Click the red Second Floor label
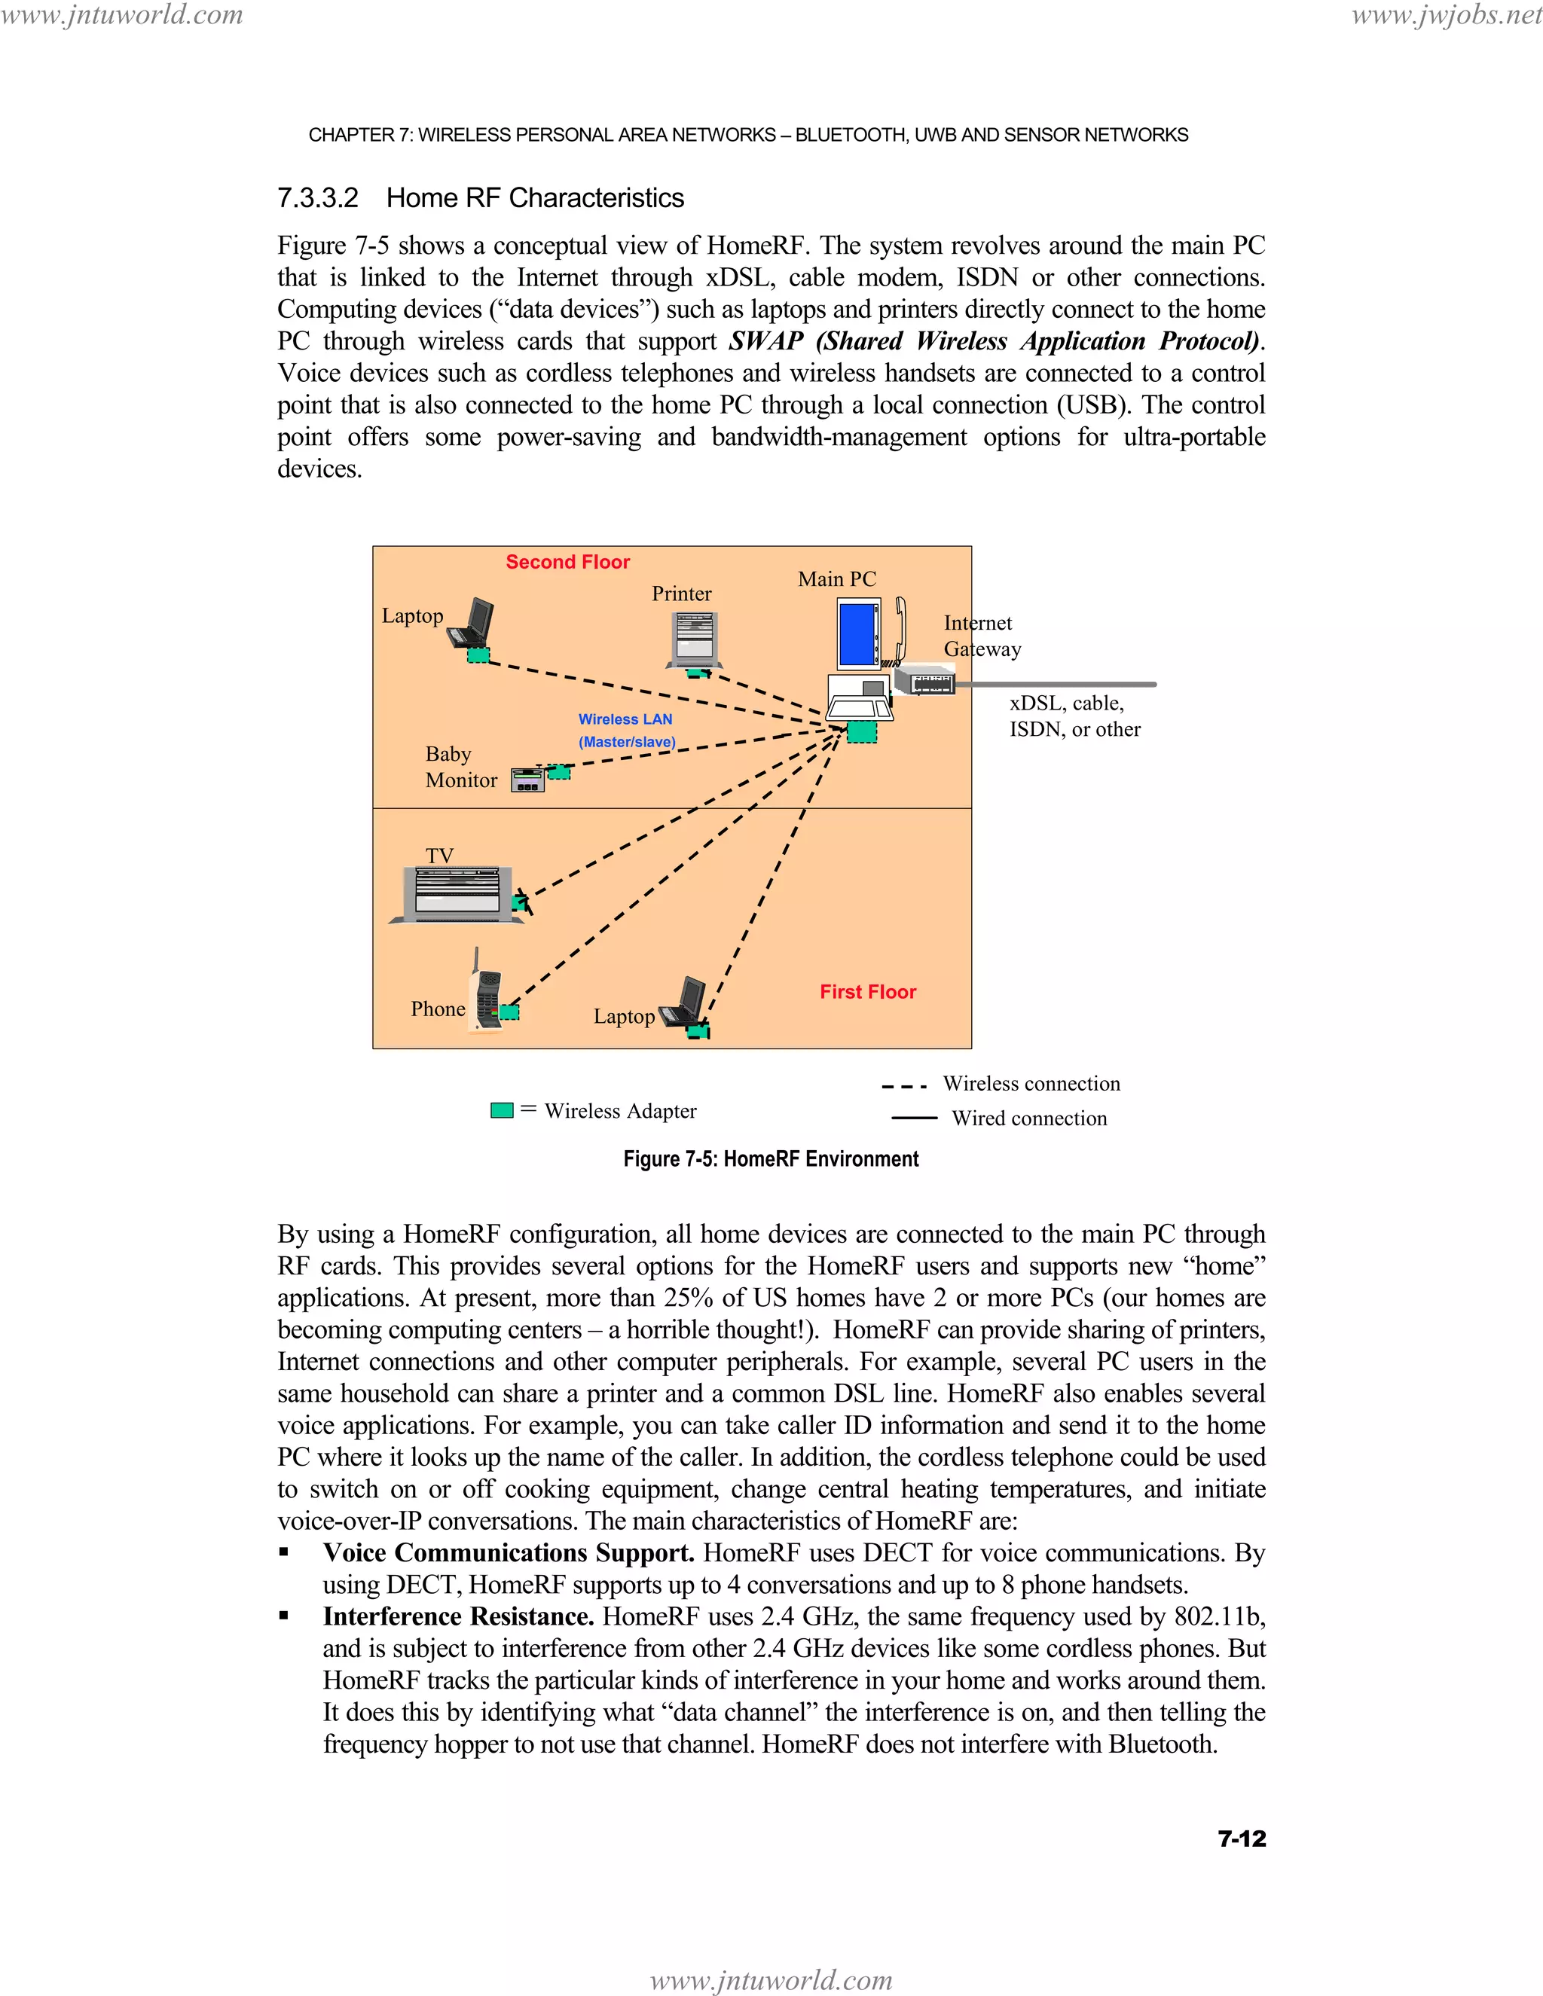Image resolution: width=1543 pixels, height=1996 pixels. (x=567, y=562)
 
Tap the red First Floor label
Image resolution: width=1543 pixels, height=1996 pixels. (x=867, y=992)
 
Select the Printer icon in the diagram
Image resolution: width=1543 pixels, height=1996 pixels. (x=694, y=639)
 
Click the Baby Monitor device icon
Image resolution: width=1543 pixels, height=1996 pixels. (x=527, y=780)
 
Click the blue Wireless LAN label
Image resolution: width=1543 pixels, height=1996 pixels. (x=625, y=719)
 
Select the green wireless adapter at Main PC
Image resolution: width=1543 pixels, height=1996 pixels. (x=861, y=732)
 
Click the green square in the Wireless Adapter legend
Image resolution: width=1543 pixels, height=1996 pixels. (x=502, y=1110)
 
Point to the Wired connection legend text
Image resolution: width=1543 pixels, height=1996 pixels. (x=1028, y=1119)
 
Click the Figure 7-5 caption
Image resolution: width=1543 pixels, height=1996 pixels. (x=771, y=1159)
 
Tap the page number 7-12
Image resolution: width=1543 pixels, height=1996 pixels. (x=1242, y=1839)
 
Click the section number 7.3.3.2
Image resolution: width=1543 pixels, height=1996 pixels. (x=318, y=198)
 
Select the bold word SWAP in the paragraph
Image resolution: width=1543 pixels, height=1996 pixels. (x=765, y=342)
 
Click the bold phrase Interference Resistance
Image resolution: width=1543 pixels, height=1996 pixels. (x=458, y=1616)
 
